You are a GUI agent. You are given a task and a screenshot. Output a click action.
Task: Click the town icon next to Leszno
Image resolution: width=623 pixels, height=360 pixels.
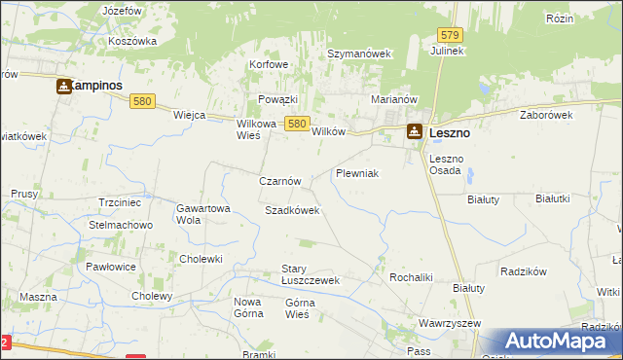click(x=415, y=132)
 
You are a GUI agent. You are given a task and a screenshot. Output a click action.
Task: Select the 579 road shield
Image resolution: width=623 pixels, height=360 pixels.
click(x=442, y=35)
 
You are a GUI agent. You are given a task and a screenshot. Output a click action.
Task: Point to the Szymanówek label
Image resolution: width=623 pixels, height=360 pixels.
click(x=358, y=54)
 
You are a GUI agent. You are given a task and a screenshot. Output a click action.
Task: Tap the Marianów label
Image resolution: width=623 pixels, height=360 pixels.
click(x=394, y=99)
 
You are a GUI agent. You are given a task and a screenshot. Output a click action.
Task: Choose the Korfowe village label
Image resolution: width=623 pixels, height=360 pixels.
click(x=269, y=64)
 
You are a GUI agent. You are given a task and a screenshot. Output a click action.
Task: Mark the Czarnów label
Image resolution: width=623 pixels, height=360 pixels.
click(x=279, y=181)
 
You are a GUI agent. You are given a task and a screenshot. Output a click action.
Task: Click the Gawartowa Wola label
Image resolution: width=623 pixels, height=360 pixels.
click(x=202, y=214)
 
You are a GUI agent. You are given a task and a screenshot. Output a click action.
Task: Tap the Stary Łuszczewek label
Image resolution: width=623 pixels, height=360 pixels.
click(x=309, y=274)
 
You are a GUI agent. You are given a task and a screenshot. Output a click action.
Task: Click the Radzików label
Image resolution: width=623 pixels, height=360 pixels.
click(x=525, y=271)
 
